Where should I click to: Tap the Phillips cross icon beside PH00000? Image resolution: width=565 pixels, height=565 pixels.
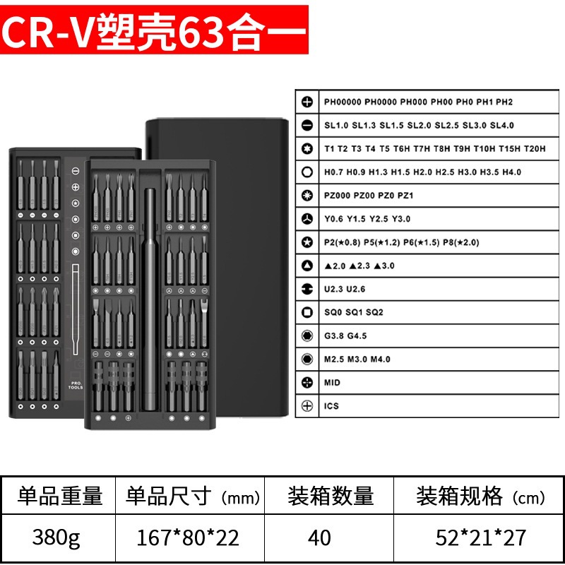pyautogui.click(x=307, y=102)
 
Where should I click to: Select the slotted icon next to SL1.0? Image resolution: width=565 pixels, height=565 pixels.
pyautogui.click(x=307, y=125)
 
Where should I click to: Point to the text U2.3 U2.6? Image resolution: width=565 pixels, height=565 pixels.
pyautogui.click(x=345, y=289)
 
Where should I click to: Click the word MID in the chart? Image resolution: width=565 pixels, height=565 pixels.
pyautogui.click(x=332, y=382)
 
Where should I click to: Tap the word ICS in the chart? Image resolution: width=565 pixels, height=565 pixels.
pyautogui.click(x=332, y=406)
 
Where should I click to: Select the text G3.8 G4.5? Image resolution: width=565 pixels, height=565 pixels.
pyautogui.click(x=345, y=335)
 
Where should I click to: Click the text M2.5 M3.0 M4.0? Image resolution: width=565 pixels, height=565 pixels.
pyautogui.click(x=357, y=359)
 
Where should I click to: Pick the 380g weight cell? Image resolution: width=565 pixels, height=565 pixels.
pyautogui.click(x=56, y=537)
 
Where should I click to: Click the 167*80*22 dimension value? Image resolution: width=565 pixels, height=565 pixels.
pyautogui.click(x=189, y=537)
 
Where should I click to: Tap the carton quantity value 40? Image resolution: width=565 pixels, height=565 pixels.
pyautogui.click(x=319, y=537)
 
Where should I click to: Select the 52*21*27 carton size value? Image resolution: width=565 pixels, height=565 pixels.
pyautogui.click(x=480, y=537)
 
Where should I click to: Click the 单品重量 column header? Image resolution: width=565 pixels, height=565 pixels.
pyautogui.click(x=61, y=496)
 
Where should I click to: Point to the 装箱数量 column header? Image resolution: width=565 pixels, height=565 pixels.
pyautogui.click(x=331, y=496)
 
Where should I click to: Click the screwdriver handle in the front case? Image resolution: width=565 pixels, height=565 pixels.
pyautogui.click(x=150, y=297)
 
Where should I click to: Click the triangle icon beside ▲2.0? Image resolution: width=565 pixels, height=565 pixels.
pyautogui.click(x=307, y=266)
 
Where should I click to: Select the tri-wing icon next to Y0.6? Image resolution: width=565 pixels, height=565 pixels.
pyautogui.click(x=307, y=219)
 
